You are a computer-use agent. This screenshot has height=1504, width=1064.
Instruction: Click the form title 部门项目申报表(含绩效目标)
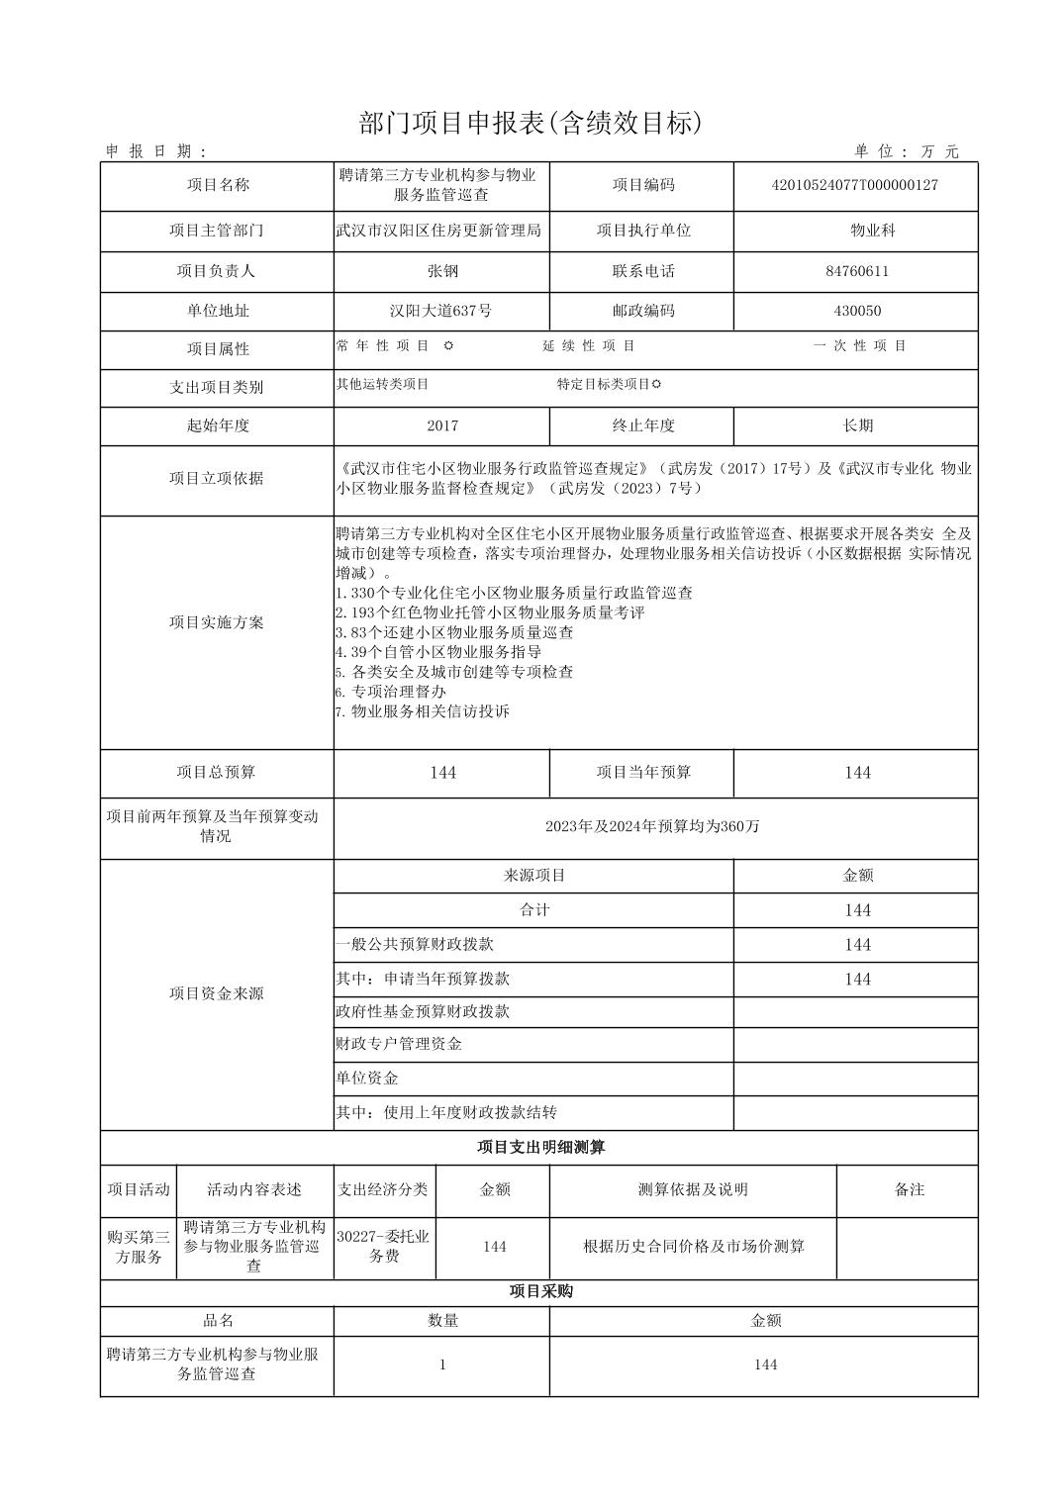[x=531, y=123]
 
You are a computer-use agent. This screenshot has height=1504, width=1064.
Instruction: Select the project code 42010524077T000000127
[x=854, y=185]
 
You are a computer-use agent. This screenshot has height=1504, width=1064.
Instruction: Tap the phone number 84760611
[x=856, y=271]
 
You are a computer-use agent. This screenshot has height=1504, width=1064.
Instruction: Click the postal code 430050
[x=856, y=311]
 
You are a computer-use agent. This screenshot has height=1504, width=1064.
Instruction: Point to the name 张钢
[x=441, y=271]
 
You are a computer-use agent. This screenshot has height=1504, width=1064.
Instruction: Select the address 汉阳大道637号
[x=441, y=311]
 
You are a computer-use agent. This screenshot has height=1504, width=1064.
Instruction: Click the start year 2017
[x=441, y=425]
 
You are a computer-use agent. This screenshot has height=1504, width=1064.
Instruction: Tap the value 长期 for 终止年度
[x=856, y=425]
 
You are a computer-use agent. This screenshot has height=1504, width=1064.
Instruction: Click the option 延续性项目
[x=588, y=346]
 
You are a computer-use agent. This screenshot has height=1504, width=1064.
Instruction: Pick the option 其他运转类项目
[x=382, y=384]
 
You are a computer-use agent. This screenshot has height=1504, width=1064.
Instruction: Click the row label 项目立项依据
[x=216, y=478]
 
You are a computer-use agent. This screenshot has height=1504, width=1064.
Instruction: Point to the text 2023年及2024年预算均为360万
[x=652, y=826]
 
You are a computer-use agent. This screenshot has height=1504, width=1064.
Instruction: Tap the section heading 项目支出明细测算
[x=540, y=1148]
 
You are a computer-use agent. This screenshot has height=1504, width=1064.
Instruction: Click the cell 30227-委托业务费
[x=383, y=1246]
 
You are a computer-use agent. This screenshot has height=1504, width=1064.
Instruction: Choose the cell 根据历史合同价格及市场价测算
[x=693, y=1246]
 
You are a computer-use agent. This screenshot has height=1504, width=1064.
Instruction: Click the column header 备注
[x=908, y=1189]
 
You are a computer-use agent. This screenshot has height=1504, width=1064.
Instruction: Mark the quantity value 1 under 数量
[x=441, y=1364]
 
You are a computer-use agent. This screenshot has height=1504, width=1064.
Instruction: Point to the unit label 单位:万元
[x=907, y=151]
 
